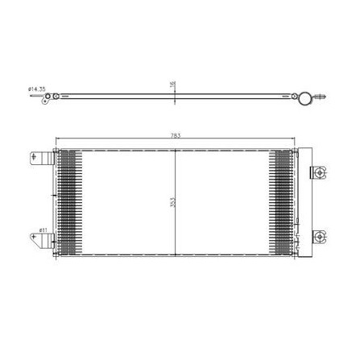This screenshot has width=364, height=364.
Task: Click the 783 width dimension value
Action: pyautogui.click(x=176, y=135)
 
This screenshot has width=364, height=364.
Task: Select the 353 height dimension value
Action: pyautogui.click(x=172, y=202)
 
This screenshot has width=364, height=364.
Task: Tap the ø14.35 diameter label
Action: pyautogui.click(x=37, y=89)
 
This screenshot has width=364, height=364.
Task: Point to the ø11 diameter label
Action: pyautogui.click(x=43, y=230)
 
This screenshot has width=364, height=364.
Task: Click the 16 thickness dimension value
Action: pyautogui.click(x=172, y=83)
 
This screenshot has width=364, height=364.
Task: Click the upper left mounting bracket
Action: pyautogui.click(x=42, y=158)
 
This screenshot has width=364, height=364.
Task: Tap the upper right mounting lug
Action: pyautogui.click(x=319, y=172)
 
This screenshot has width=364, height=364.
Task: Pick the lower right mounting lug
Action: pyautogui.click(x=319, y=237)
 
